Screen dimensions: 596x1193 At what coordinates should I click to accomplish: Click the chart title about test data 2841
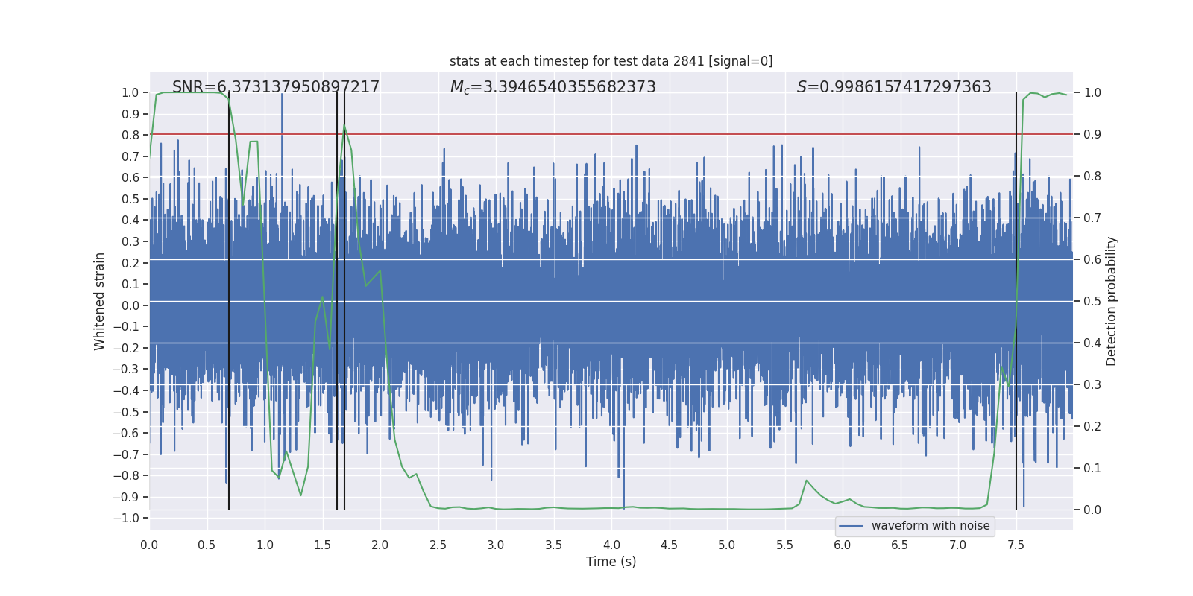[611, 61]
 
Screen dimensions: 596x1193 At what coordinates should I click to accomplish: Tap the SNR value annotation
[276, 87]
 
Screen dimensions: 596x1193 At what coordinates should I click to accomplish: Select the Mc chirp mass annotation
[553, 87]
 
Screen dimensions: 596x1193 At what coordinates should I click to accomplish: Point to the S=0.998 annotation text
[894, 87]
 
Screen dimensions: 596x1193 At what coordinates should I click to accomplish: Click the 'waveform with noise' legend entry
[930, 526]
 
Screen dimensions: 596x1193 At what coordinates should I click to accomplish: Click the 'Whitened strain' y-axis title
[100, 302]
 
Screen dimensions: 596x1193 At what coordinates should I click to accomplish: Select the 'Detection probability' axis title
[1112, 302]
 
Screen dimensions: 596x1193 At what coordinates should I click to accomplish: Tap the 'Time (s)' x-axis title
[611, 562]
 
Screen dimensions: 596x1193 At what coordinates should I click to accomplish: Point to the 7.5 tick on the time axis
[1016, 545]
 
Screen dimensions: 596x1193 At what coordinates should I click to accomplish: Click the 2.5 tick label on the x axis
[438, 545]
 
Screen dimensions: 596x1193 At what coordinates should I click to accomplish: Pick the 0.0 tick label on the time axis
[149, 545]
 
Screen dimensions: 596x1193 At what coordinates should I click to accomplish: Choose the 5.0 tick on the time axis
[726, 545]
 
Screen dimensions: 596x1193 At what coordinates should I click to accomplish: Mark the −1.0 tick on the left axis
[130, 518]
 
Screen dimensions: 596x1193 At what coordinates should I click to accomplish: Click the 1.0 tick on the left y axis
[130, 92]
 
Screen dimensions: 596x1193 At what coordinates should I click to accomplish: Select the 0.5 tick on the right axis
[1092, 302]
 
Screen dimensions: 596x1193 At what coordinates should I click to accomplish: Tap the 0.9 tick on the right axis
[1092, 135]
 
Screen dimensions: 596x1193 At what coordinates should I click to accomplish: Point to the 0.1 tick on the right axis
[1092, 469]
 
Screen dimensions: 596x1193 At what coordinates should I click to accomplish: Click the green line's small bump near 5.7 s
[806, 481]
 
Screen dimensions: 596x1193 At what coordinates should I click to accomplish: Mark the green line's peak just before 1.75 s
[344, 126]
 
